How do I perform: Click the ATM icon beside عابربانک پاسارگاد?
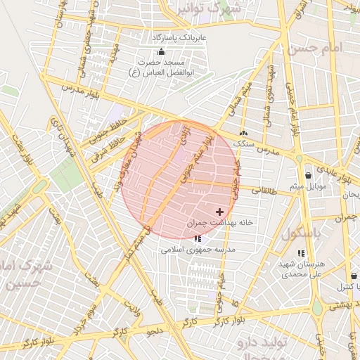pos(161,51)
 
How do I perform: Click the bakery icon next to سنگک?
pos(243,133)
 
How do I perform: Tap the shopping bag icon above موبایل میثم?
pos(308,176)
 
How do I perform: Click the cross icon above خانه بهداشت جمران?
pos(220,212)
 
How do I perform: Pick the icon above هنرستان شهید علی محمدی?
pos(301,253)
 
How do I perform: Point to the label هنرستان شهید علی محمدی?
pos(301,269)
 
